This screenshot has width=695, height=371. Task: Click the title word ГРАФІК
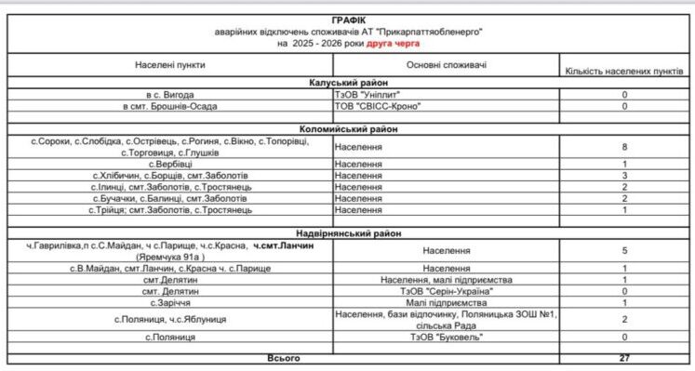[348, 19]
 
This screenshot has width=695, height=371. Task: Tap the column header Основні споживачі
[445, 66]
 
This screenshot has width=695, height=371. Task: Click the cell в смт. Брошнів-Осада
[170, 106]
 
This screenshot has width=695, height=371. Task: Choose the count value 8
[625, 146]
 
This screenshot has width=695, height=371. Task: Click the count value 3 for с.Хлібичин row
[625, 175]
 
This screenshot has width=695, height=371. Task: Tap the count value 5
[625, 250]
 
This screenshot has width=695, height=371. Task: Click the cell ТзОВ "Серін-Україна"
[445, 291]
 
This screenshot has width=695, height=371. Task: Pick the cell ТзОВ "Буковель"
[445, 337]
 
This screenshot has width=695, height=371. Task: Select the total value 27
[625, 356]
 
